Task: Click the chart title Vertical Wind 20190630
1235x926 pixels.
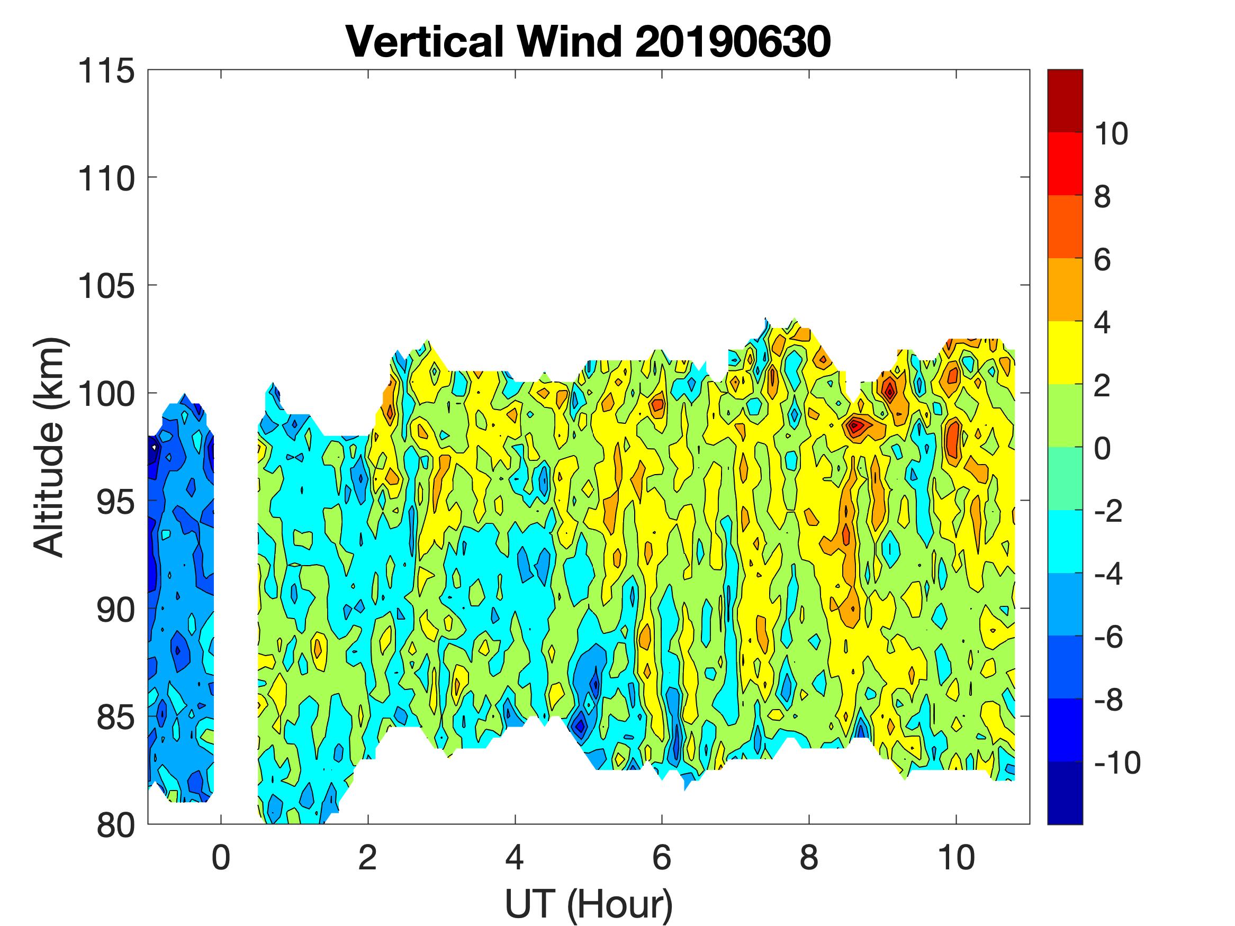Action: pos(588,42)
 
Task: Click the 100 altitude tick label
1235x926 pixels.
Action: pos(106,394)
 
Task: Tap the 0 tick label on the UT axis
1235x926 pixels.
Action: pos(221,857)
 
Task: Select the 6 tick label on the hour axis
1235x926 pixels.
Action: pos(662,857)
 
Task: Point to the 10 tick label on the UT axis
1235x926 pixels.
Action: pos(956,857)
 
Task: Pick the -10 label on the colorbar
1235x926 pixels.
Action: pos(1116,762)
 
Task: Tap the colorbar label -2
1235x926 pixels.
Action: pos(1109,511)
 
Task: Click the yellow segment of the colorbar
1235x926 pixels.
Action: pos(1065,353)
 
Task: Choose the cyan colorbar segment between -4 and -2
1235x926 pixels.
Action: pos(1065,541)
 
